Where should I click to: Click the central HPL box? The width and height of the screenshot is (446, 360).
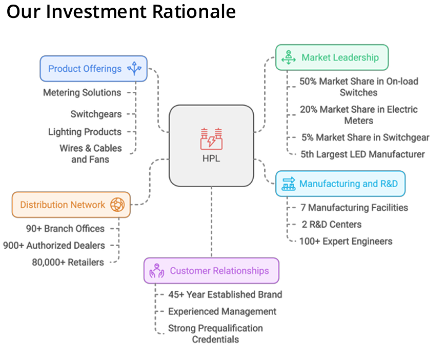(x=211, y=145)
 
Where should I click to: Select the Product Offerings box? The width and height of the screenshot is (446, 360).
(x=94, y=69)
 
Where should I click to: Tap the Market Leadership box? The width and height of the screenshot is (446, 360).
(x=332, y=57)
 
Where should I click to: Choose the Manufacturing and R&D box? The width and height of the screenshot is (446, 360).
(x=340, y=184)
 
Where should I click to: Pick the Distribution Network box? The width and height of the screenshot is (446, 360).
(x=71, y=205)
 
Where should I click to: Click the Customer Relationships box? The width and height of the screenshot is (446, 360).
(x=211, y=270)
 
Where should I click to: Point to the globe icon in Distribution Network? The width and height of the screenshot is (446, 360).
(x=117, y=205)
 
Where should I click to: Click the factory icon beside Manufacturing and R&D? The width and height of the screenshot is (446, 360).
(x=289, y=184)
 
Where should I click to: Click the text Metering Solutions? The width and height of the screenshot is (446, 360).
(x=82, y=93)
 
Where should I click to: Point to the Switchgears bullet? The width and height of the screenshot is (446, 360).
(x=96, y=114)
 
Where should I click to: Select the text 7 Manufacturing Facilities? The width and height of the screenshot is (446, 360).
(x=354, y=208)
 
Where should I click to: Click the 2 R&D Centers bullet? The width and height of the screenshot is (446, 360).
(x=331, y=225)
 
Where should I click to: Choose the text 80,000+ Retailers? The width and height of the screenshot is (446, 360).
(x=68, y=262)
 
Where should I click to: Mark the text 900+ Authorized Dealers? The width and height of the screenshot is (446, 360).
(x=54, y=246)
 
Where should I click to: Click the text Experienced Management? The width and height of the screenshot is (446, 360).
(x=222, y=311)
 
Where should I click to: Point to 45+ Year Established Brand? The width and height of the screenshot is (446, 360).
(x=225, y=294)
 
